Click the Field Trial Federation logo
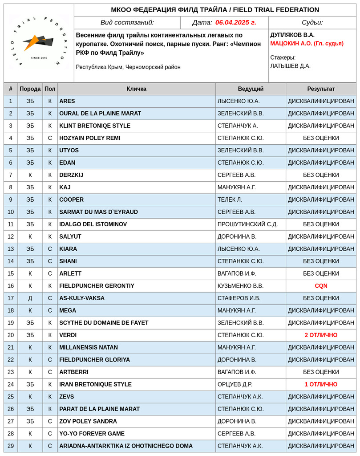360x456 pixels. click(x=39, y=43)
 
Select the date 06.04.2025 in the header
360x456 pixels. click(x=235, y=23)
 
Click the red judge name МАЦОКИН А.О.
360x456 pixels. click(x=307, y=43)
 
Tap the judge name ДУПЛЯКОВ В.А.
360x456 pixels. click(x=292, y=35)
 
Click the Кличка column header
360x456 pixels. click(x=136, y=89)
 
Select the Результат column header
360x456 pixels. click(x=321, y=89)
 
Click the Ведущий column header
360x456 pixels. click(x=251, y=89)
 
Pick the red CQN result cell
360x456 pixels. click(x=321, y=286)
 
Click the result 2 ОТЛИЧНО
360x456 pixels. click(x=321, y=335)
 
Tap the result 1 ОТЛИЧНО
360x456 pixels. click(x=321, y=384)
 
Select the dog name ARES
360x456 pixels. click(x=67, y=101)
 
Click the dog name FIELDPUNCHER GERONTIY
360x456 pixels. click(x=97, y=286)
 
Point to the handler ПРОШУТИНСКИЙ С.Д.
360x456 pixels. click(x=247, y=224)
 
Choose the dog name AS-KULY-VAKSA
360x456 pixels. click(x=82, y=298)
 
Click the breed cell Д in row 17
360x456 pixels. click(x=30, y=298)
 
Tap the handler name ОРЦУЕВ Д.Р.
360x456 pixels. click(x=235, y=384)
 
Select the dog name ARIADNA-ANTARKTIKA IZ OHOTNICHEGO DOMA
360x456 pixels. click(x=126, y=446)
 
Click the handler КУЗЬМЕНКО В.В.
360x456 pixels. click(x=240, y=286)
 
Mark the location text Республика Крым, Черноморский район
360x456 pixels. click(x=128, y=67)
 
